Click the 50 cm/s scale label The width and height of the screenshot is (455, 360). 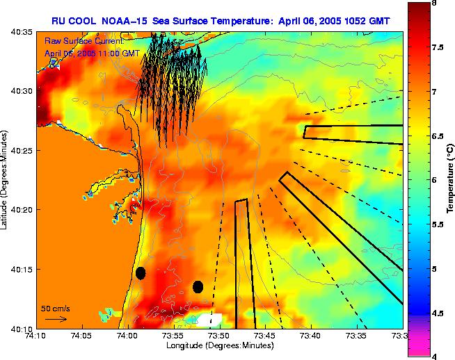[x=56, y=308]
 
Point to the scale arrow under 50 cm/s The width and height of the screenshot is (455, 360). [x=56, y=319]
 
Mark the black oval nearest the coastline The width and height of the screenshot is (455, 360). [x=141, y=273]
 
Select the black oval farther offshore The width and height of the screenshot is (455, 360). [x=198, y=286]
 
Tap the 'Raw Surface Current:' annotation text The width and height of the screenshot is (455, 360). [x=83, y=41]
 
